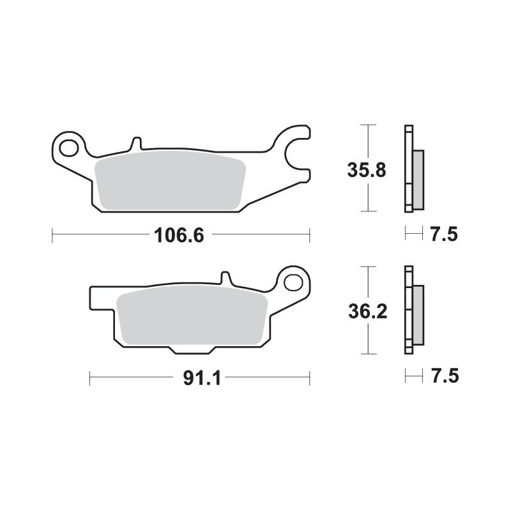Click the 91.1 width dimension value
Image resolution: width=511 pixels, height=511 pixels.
click(x=201, y=378)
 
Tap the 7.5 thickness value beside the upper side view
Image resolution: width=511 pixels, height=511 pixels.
click(x=443, y=235)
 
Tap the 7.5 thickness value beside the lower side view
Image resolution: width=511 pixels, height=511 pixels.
click(x=443, y=377)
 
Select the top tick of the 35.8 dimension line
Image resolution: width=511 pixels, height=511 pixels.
click(x=366, y=125)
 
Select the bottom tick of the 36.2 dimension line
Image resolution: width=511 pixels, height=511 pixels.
click(x=366, y=353)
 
